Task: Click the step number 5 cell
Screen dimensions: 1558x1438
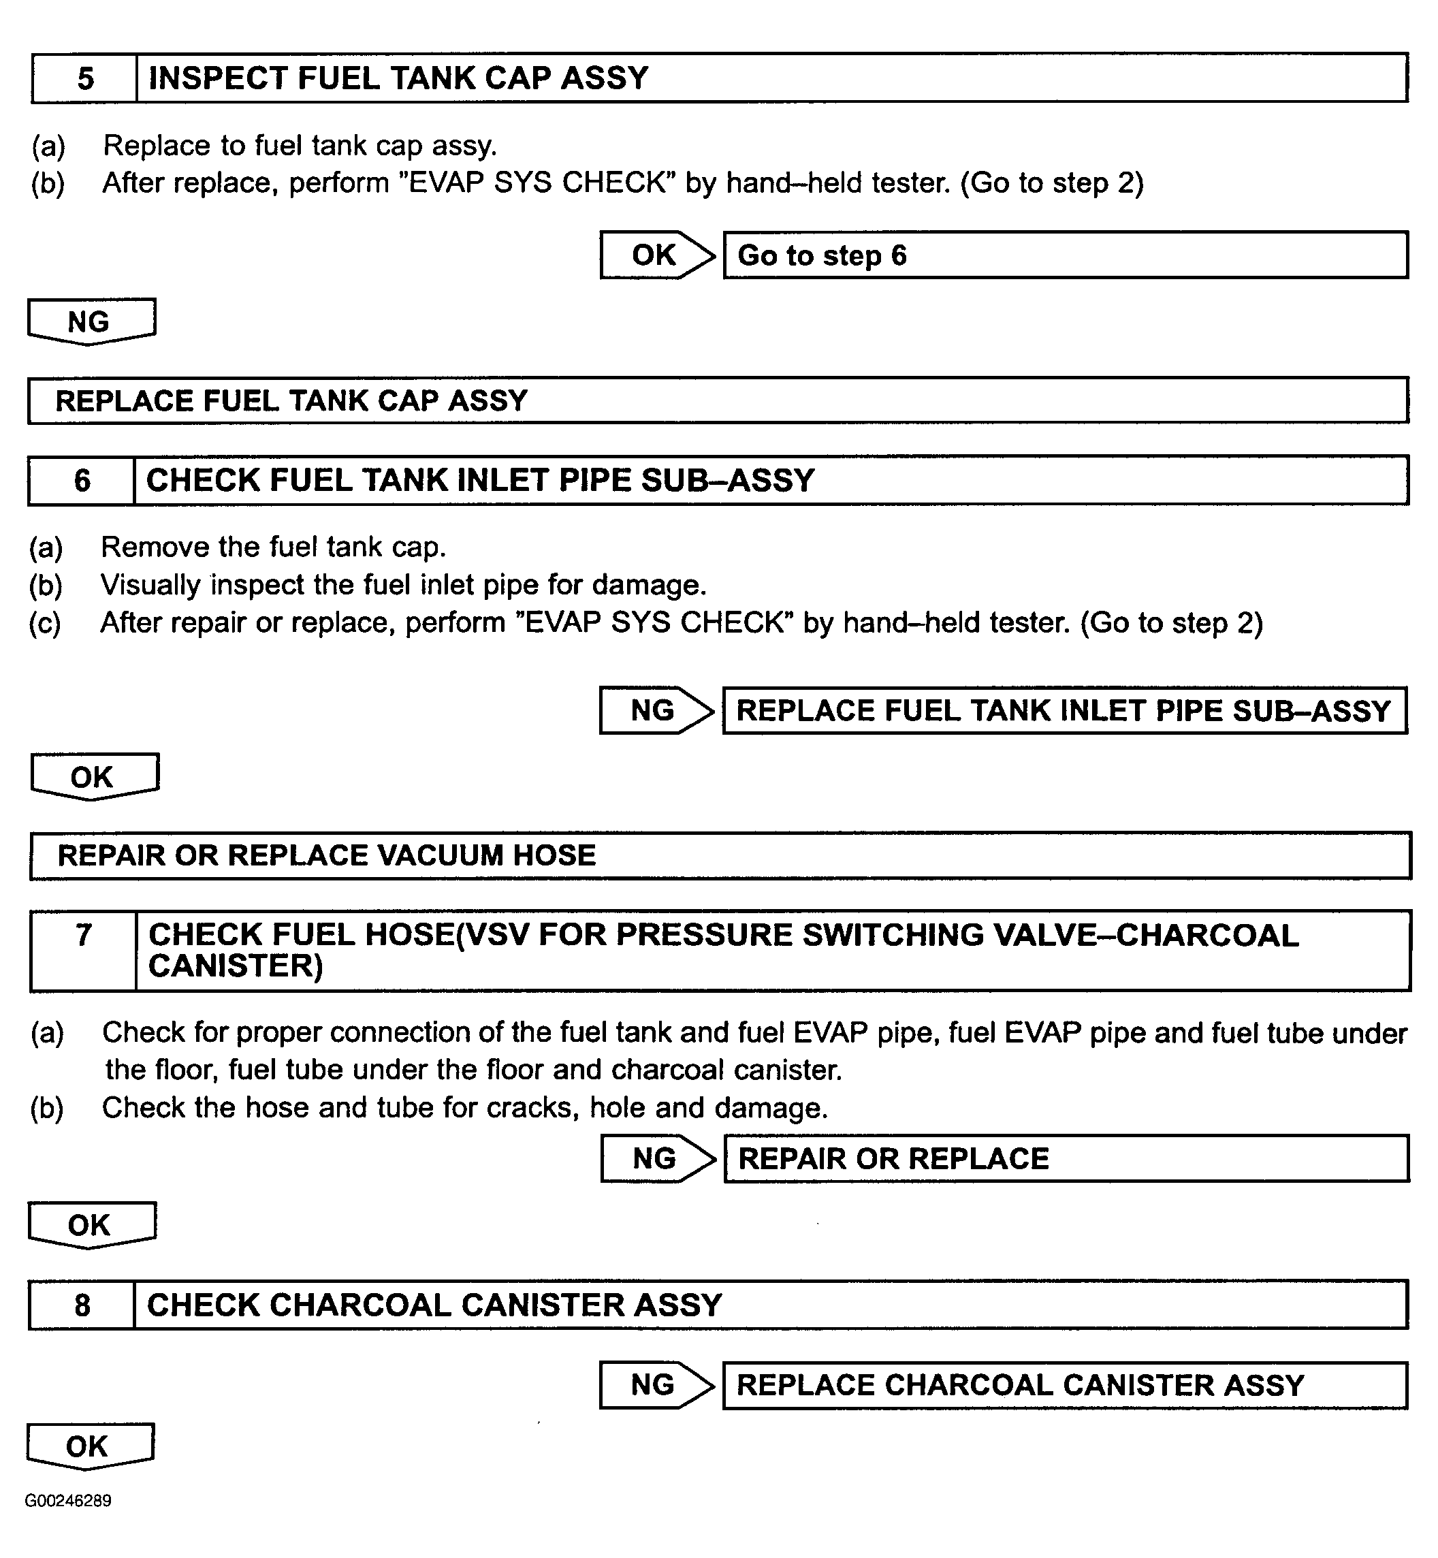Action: pyautogui.click(x=85, y=78)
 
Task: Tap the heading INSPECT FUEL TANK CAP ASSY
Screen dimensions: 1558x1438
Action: pyautogui.click(x=398, y=78)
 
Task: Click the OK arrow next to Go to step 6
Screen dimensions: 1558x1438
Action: pyautogui.click(x=655, y=255)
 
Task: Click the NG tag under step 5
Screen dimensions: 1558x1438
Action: pyautogui.click(x=91, y=321)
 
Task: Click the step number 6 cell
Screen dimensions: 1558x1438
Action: pyautogui.click(x=82, y=480)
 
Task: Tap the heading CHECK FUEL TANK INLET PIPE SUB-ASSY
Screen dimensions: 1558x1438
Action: pyautogui.click(x=480, y=480)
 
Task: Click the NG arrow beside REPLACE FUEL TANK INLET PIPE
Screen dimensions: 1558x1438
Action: pyautogui.click(x=654, y=710)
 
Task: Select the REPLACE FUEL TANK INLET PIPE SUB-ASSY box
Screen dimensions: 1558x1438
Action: pyautogui.click(x=1064, y=710)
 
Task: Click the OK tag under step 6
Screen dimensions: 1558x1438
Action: pyautogui.click(x=93, y=776)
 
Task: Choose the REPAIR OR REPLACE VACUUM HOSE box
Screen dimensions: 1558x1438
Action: pyautogui.click(x=719, y=855)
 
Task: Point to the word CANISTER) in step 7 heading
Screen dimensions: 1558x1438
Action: pyautogui.click(x=235, y=966)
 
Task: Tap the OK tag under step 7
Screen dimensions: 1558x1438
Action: pyautogui.click(x=91, y=1225)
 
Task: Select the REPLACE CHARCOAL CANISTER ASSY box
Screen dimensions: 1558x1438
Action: pyautogui.click(x=1064, y=1385)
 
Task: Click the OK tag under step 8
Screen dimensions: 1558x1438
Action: pyautogui.click(x=89, y=1446)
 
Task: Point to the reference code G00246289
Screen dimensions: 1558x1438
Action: pyautogui.click(x=69, y=1500)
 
